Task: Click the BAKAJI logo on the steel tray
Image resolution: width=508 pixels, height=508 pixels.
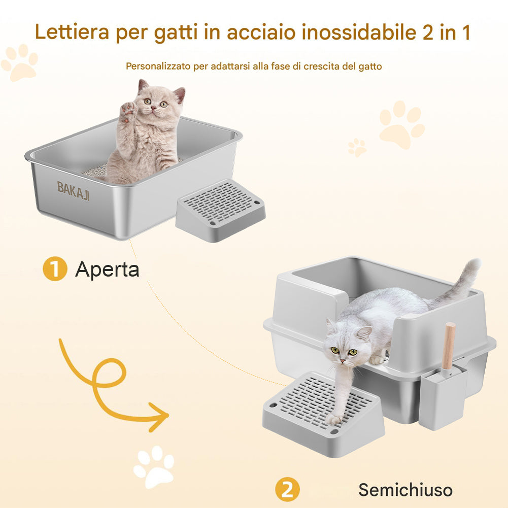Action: (73, 190)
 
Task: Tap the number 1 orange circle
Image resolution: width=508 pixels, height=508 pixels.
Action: (55, 268)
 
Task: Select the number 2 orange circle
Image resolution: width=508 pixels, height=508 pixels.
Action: (287, 489)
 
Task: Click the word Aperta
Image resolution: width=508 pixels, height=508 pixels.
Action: (107, 269)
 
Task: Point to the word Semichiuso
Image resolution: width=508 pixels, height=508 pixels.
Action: (405, 490)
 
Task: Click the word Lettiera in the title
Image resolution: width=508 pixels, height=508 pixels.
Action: (72, 32)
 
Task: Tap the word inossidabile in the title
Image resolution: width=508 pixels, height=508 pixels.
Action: (359, 32)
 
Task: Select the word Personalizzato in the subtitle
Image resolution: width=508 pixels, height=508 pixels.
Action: (158, 66)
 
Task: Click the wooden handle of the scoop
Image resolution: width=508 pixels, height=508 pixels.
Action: (449, 346)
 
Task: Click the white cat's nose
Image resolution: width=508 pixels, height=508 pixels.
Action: (343, 361)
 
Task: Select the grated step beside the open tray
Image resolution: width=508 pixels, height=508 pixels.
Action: (221, 210)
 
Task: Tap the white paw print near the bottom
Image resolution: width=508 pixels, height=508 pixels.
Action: (154, 466)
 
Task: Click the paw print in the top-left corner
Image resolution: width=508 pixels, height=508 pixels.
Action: (20, 62)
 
